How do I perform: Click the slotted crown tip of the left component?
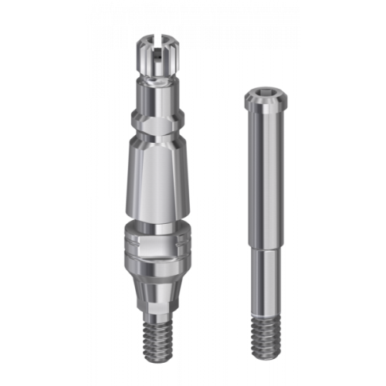(161, 48)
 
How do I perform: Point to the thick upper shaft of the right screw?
(266, 170)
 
